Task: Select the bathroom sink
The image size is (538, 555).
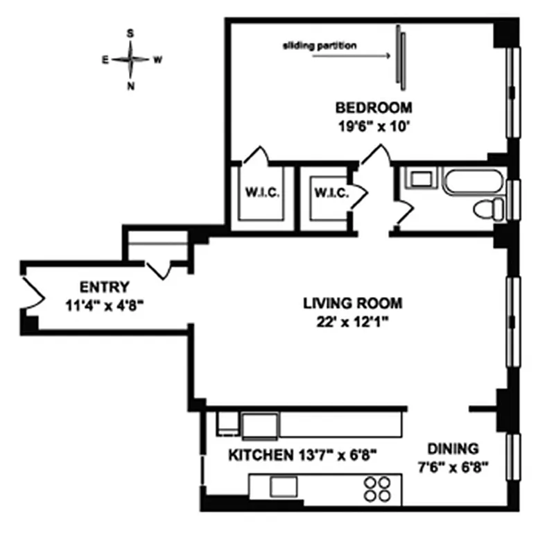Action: click(420, 180)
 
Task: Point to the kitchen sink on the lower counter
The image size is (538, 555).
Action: click(283, 486)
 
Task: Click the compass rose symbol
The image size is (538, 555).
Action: click(130, 60)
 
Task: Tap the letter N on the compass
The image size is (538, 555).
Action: click(130, 86)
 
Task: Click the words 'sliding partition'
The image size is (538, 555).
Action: click(320, 46)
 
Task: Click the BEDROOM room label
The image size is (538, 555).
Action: click(374, 108)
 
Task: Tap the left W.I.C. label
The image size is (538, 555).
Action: click(261, 192)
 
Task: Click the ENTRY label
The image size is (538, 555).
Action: click(104, 287)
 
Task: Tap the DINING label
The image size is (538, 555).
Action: click(452, 448)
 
